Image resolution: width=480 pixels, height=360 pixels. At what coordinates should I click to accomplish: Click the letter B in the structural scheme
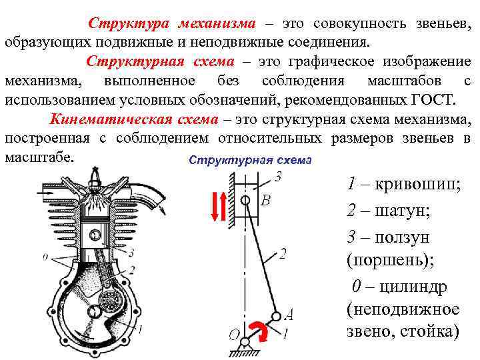pos(265,199)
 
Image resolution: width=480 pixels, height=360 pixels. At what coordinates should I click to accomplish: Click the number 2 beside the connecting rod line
pos(283,254)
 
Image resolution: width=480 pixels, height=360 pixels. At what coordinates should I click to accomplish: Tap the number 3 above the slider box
pos(278,177)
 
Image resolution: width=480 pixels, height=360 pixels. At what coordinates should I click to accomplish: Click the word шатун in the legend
pos(403,211)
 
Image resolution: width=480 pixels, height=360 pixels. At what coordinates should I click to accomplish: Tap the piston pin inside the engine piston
pos(95,235)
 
